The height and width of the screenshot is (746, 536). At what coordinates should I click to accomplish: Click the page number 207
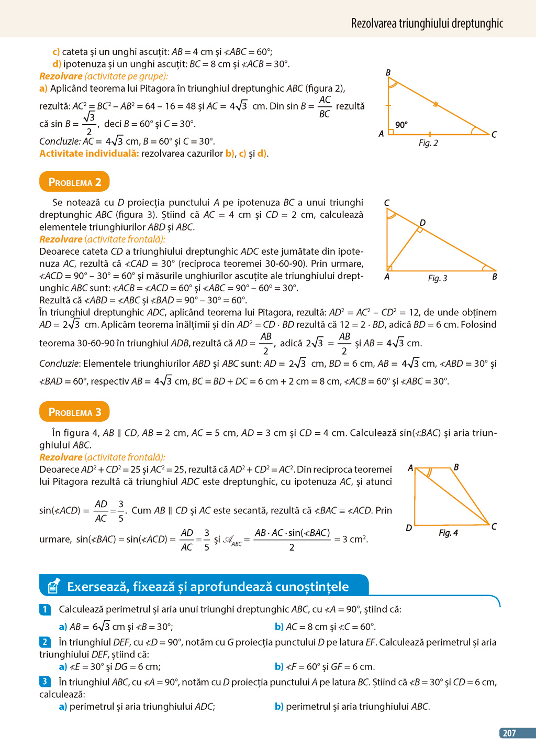click(509, 733)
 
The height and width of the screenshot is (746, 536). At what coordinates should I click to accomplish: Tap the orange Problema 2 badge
click(74, 182)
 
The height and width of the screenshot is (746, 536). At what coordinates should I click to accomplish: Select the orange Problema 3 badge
click(74, 412)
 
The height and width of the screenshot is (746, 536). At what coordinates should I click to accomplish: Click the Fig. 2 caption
click(428, 143)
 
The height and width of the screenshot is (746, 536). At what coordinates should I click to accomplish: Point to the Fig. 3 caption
click(438, 278)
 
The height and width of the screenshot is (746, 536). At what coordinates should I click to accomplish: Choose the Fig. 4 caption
click(448, 533)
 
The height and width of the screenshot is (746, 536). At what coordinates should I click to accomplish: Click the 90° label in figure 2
click(401, 125)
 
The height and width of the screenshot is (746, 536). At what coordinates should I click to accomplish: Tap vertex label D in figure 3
click(422, 223)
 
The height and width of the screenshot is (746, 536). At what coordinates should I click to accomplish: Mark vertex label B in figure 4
click(456, 467)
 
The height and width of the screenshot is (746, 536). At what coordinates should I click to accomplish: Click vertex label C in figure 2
click(494, 135)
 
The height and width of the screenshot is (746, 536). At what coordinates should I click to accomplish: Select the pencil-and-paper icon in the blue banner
click(53, 586)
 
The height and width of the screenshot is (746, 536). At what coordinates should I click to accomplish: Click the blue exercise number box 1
click(45, 609)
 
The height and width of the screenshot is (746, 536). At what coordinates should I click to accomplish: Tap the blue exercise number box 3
click(45, 682)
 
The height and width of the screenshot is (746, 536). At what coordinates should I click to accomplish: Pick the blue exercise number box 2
click(45, 642)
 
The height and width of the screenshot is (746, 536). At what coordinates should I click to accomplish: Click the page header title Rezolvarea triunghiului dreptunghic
click(427, 23)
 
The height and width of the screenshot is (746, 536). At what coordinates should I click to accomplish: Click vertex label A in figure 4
click(410, 468)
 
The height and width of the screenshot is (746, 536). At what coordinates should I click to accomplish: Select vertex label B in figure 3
click(494, 277)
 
